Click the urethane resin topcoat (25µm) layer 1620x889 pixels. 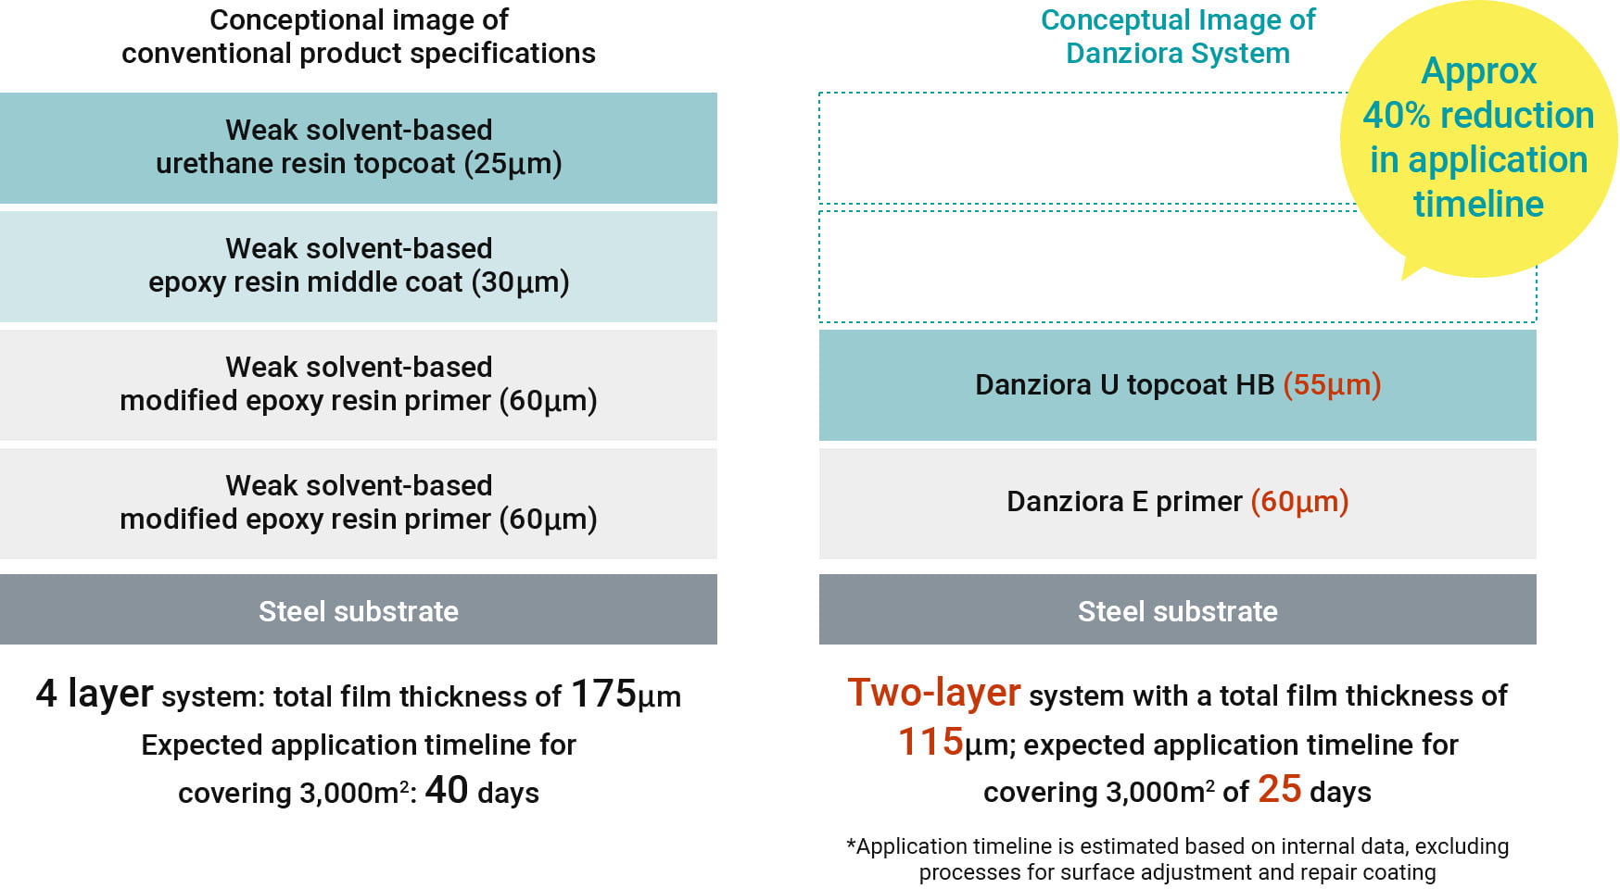pyautogui.click(x=358, y=147)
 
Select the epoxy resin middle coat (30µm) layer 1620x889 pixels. pyautogui.click(x=358, y=266)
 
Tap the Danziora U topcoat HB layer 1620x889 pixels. pyautogui.click(x=1177, y=384)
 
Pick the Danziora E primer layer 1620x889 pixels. pyautogui.click(x=1177, y=503)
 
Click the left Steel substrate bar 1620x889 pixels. pyautogui.click(x=358, y=609)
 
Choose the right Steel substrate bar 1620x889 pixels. pyautogui.click(x=1177, y=609)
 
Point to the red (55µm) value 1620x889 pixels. pyautogui.click(x=1332, y=384)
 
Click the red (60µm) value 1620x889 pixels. pyautogui.click(x=1299, y=502)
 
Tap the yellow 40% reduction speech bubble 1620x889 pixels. pyautogui.click(x=1477, y=139)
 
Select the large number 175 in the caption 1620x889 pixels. pyautogui.click(x=603, y=694)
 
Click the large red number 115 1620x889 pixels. pyautogui.click(x=930, y=742)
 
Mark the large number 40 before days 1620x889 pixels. pyautogui.click(x=446, y=790)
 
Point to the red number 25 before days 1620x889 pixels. pyautogui.click(x=1279, y=789)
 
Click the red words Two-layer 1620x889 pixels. pyautogui.click(x=933, y=693)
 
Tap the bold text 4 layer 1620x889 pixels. pyautogui.click(x=95, y=694)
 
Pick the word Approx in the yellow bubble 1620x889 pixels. pyautogui.click(x=1478, y=71)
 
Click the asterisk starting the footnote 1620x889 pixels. pyautogui.click(x=851, y=845)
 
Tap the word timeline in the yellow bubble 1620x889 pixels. pyautogui.click(x=1478, y=204)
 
